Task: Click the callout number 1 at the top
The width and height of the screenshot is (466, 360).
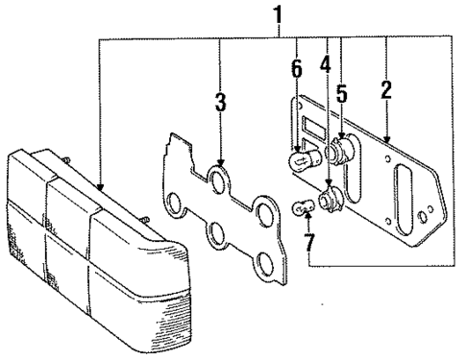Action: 278,15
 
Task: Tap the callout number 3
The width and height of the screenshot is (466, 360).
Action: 220,102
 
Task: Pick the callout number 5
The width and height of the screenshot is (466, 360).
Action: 341,92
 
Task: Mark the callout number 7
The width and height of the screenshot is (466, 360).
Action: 309,242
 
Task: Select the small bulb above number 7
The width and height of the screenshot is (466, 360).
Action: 303,207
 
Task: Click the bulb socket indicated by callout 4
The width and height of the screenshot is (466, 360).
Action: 331,198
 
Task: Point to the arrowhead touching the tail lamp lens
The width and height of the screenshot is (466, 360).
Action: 100,187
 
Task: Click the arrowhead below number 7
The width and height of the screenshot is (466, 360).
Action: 308,215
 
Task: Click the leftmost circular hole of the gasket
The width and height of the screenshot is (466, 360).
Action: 174,204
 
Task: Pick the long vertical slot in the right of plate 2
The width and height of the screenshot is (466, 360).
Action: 404,200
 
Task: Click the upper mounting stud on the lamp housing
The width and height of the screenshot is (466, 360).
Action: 66,159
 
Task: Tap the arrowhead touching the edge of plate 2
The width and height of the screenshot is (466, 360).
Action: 387,140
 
